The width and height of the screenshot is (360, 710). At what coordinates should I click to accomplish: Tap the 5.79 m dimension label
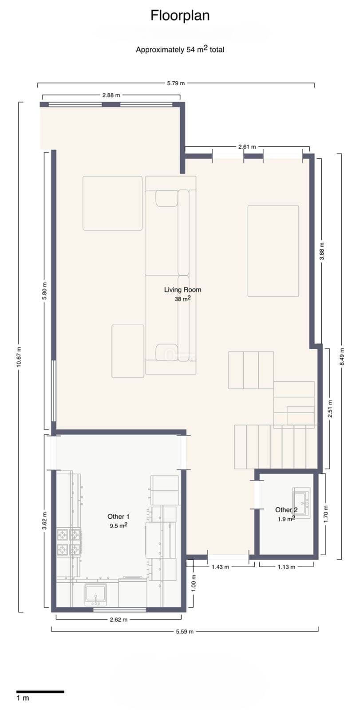pyautogui.click(x=176, y=83)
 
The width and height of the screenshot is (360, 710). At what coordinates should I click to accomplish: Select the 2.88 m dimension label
pyautogui.click(x=111, y=95)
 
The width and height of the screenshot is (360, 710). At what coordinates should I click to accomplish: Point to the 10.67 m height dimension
pyautogui.click(x=19, y=357)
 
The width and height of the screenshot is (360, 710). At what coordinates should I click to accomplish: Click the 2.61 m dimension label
pyautogui.click(x=247, y=147)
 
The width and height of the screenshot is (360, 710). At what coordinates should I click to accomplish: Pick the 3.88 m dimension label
pyautogui.click(x=322, y=251)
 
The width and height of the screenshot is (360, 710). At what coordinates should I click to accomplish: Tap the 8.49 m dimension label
pyautogui.click(x=342, y=357)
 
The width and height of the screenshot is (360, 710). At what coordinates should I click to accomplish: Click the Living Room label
pyautogui.click(x=182, y=290)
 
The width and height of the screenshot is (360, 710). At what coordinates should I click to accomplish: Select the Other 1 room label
pyautogui.click(x=119, y=517)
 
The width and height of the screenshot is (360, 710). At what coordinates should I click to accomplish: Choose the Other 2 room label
pyautogui.click(x=286, y=510)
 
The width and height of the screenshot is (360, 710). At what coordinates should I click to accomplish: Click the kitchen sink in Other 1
pyautogui.click(x=95, y=595)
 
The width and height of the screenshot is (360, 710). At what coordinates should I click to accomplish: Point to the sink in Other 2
pyautogui.click(x=301, y=503)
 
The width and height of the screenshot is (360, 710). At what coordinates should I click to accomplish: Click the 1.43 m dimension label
pyautogui.click(x=220, y=567)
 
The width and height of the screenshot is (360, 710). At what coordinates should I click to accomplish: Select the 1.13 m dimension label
pyautogui.click(x=286, y=567)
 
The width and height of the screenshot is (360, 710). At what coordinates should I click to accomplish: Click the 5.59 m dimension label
pyautogui.click(x=185, y=632)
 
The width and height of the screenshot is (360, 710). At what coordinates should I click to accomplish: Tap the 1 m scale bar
pyautogui.click(x=40, y=692)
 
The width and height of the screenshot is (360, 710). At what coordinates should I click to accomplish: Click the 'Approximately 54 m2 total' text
pyautogui.click(x=180, y=49)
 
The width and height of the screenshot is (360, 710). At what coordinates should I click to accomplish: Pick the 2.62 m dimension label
pyautogui.click(x=119, y=619)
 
